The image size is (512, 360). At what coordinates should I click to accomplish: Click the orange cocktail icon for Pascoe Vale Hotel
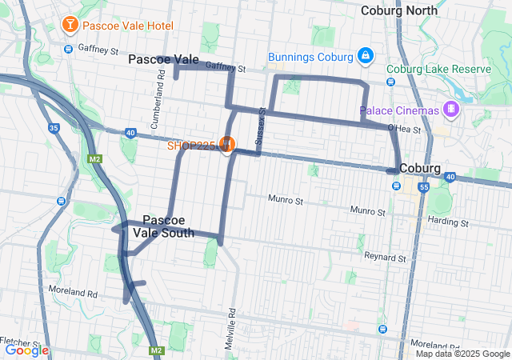click(x=70, y=26)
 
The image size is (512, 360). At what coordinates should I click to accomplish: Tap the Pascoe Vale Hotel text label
click(x=127, y=26)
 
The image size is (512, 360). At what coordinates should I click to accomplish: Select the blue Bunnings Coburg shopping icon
click(x=365, y=57)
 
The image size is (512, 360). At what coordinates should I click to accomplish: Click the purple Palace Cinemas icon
click(x=452, y=110)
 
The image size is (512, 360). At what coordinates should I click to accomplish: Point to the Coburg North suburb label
click(x=399, y=10)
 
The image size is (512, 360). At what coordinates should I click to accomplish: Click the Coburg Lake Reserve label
click(x=438, y=70)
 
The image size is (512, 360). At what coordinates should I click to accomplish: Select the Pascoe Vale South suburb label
click(x=168, y=226)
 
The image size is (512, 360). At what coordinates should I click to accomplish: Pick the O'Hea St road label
click(x=404, y=128)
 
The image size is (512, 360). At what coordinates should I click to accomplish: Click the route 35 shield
click(x=54, y=127)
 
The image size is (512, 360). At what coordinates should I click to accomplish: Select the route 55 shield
click(x=424, y=187)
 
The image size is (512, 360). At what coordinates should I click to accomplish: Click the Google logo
click(x=26, y=350)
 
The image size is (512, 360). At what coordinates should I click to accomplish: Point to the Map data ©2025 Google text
click(x=462, y=354)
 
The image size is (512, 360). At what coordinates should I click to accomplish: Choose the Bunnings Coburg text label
click(x=310, y=57)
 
